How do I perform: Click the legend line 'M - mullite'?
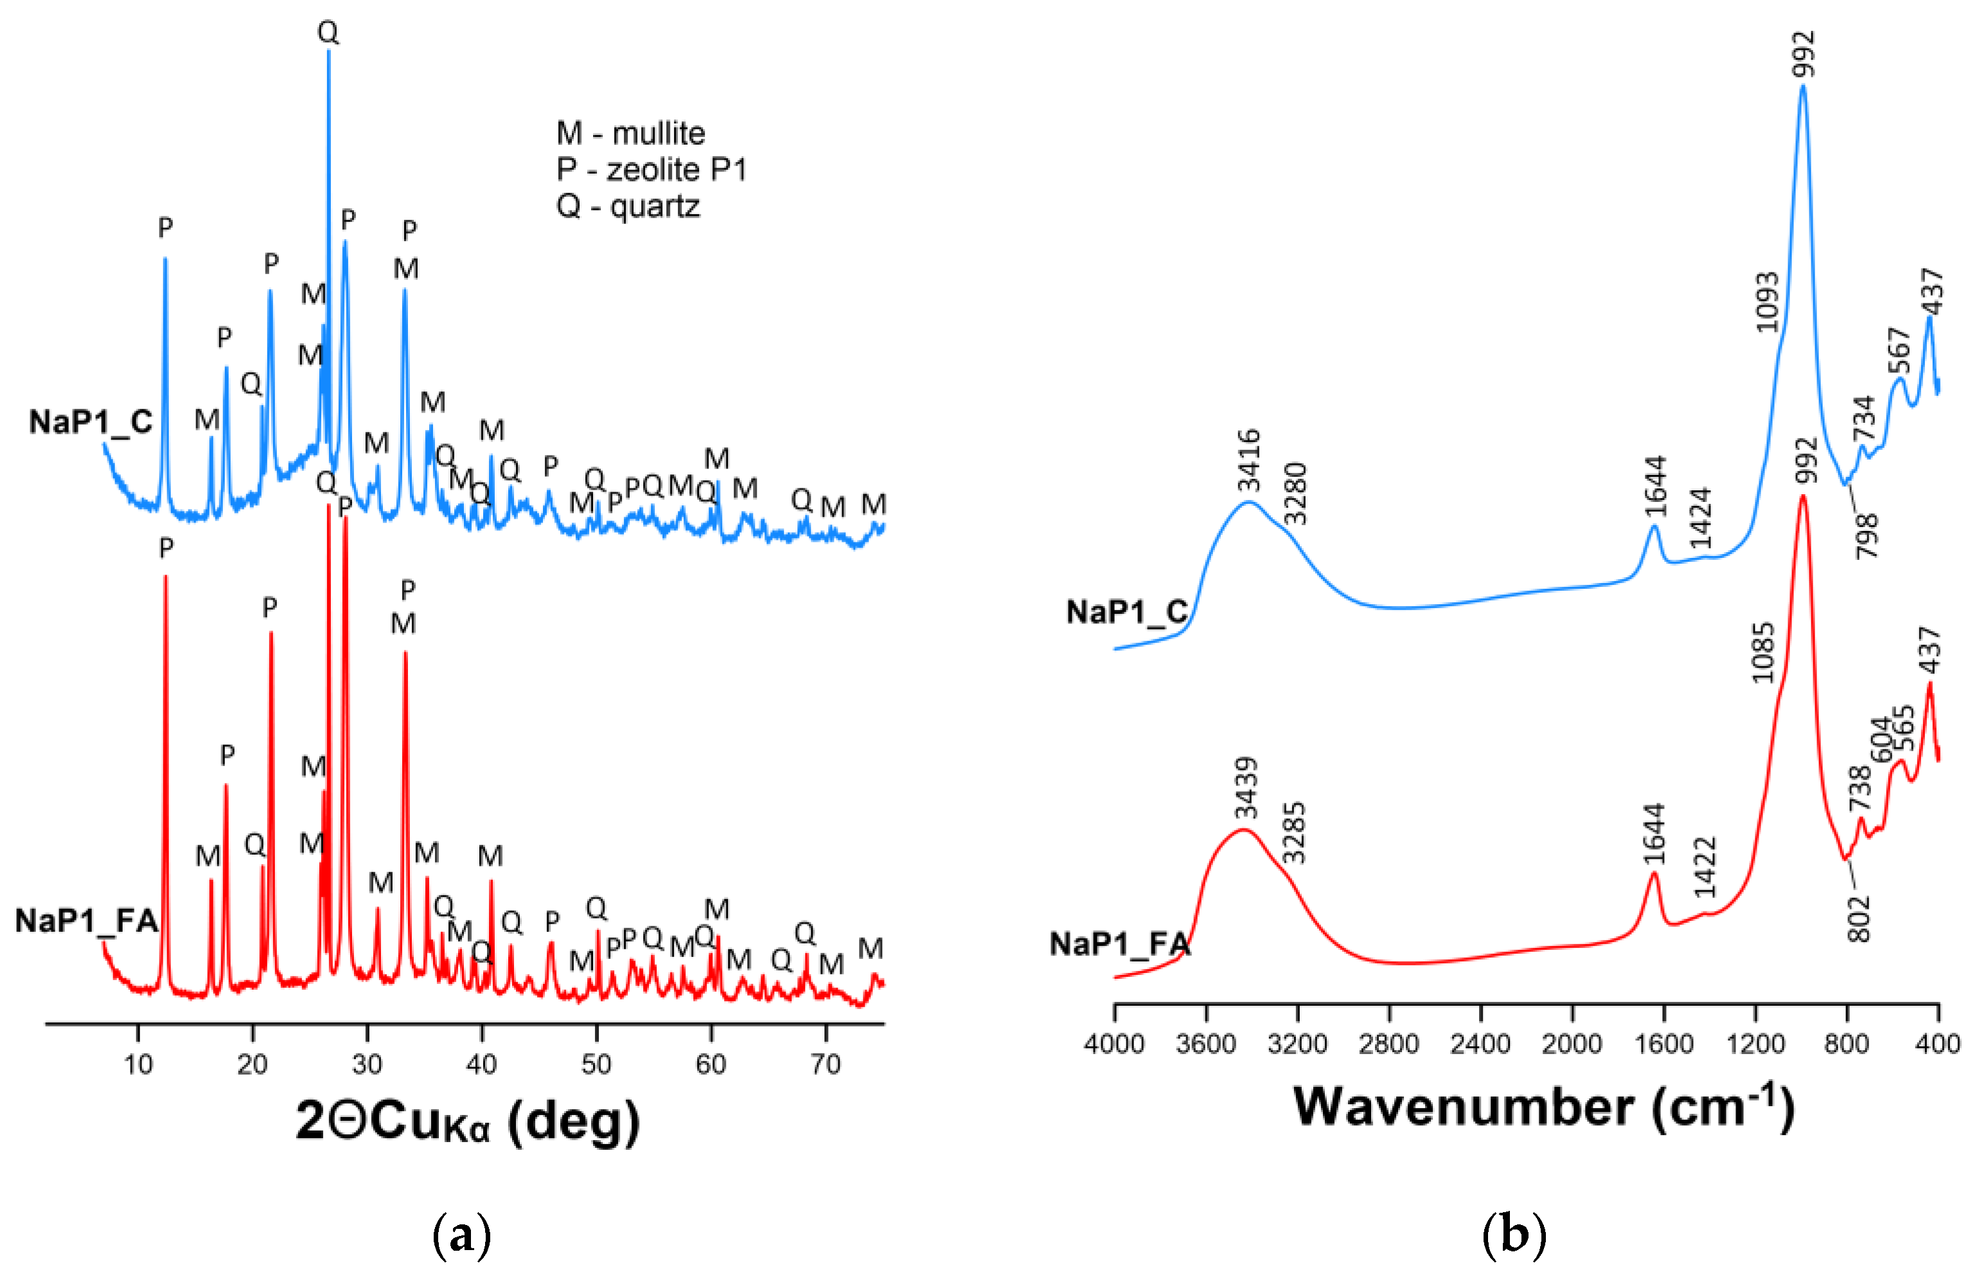point(630,134)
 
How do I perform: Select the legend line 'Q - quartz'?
point(628,206)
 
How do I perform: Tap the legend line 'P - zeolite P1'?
point(652,170)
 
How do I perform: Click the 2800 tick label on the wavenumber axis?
point(1388,1044)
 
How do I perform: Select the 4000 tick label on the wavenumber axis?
point(1113,1044)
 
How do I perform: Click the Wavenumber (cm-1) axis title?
point(1543,1108)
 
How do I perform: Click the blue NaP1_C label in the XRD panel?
point(91,422)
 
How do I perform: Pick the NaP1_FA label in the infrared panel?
point(1119,944)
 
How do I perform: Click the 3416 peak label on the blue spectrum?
point(1248,461)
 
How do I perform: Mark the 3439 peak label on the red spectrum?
point(1245,788)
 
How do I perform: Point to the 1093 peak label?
point(1767,302)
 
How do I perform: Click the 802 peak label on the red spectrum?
point(1858,918)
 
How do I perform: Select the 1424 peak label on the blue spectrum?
point(1701,518)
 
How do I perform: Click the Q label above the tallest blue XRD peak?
point(328,32)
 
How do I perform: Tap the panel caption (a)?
point(462,1235)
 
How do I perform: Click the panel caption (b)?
point(1514,1235)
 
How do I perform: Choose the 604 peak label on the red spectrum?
point(1881,740)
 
